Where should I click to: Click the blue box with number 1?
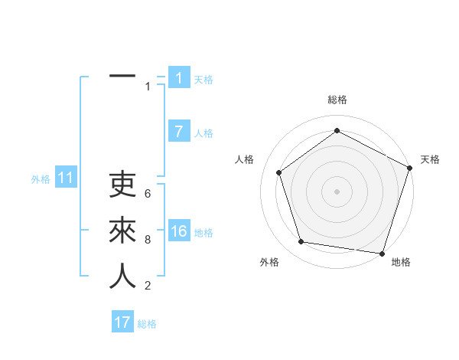click(179, 78)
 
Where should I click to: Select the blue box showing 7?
click(179, 132)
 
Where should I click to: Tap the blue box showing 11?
click(65, 178)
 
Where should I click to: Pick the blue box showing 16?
click(179, 231)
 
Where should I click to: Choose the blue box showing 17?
click(122, 322)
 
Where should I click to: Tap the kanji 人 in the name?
click(122, 277)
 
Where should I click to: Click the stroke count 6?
click(148, 193)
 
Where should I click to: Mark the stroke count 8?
click(148, 239)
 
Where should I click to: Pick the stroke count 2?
click(148, 286)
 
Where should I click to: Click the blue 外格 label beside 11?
click(41, 179)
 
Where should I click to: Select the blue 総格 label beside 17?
click(147, 324)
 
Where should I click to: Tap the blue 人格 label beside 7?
click(203, 133)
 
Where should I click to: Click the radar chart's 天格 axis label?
click(431, 159)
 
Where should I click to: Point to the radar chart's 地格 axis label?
click(401, 262)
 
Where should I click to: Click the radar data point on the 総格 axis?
click(337, 131)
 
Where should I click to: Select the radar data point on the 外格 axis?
click(301, 242)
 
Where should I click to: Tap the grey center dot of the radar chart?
click(337, 191)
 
